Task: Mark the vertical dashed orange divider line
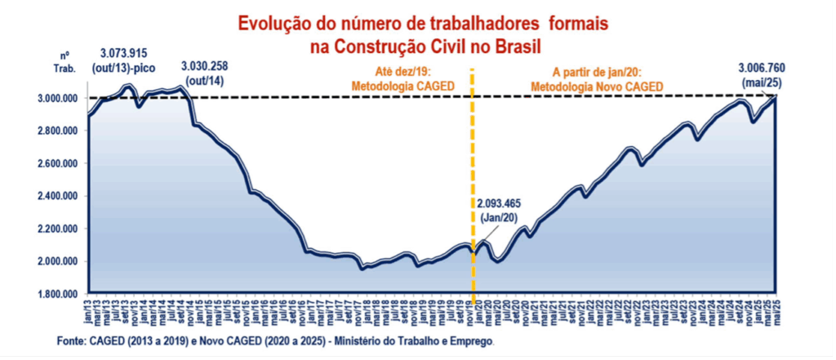point(473,163)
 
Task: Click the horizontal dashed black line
point(327,98)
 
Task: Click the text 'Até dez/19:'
point(402,71)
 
